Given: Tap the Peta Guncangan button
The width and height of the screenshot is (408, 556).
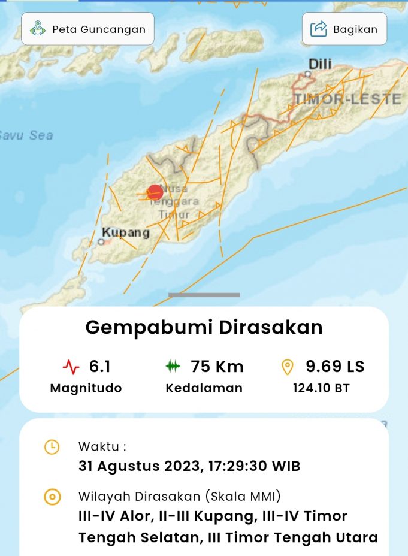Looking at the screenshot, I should click(87, 29).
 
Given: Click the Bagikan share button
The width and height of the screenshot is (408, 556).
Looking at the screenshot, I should click(344, 29).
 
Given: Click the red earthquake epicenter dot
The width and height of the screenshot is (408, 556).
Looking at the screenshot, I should click(155, 192).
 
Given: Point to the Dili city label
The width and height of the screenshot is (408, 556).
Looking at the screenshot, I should click(320, 64).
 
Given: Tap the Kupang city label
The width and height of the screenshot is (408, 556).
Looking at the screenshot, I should click(125, 232).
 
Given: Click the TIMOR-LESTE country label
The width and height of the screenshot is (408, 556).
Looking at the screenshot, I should click(347, 99).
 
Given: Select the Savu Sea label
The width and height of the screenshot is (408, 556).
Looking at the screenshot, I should click(26, 135).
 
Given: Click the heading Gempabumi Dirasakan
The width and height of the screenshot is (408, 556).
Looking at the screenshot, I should click(204, 327).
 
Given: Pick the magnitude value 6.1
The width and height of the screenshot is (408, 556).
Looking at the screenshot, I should click(99, 366).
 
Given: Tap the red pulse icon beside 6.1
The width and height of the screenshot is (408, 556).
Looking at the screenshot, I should click(71, 367).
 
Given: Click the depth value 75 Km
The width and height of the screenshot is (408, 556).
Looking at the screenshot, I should click(217, 366).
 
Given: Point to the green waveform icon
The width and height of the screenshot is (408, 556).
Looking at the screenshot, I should click(173, 367).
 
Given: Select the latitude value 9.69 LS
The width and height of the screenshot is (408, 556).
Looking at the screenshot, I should click(335, 366).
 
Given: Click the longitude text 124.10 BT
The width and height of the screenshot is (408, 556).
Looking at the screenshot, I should click(321, 388).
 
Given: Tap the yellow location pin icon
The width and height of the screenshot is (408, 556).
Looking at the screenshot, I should click(288, 367).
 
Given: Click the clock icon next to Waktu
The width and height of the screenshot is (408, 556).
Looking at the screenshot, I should click(52, 446).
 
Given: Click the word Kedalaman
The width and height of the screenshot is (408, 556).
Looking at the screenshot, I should click(204, 388).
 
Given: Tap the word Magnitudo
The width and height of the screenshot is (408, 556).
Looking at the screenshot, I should click(86, 388).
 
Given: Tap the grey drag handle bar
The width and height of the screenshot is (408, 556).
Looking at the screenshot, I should click(204, 295).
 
